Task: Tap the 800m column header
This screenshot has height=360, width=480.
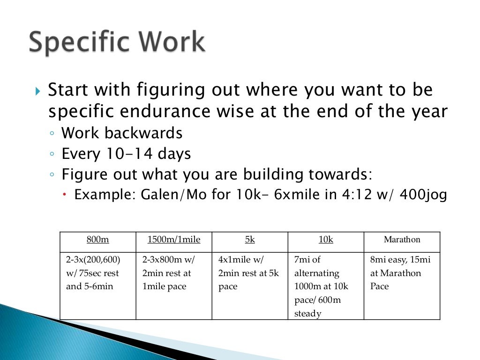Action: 97,240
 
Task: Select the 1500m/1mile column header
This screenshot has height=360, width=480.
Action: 173,240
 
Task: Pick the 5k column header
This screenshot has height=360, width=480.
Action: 250,240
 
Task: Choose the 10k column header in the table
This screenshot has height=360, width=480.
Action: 326,240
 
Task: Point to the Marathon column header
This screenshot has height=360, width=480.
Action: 402,240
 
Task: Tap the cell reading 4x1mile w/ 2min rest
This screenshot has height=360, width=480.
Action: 249,273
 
